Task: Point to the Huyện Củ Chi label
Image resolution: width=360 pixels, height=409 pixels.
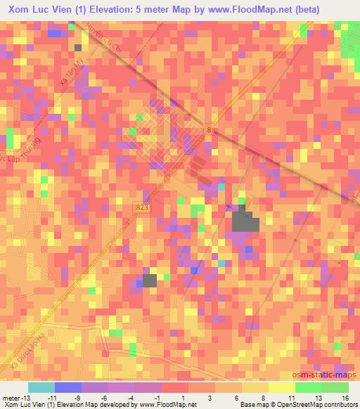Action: pos(101,46)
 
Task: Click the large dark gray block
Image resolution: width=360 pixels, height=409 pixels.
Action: pos(245,221)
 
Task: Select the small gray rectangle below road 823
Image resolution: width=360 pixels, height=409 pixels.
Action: pos(149,281)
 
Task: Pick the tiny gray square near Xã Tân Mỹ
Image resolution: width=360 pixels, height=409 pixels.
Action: pos(77,47)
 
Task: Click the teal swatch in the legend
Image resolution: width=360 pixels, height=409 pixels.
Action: pos(41,387)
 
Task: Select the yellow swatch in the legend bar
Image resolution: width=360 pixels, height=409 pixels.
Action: pos(281,387)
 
